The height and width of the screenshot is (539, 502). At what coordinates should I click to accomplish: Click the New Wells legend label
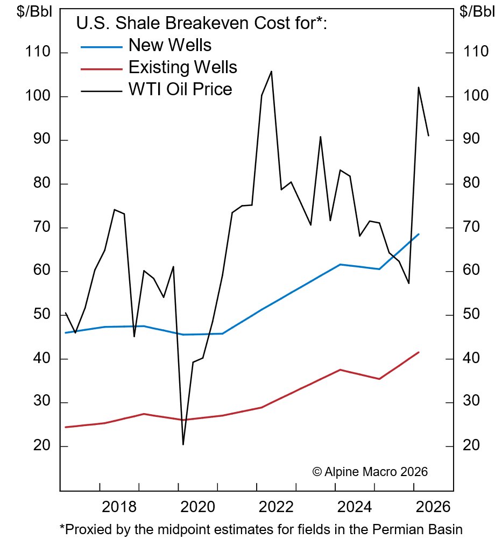pos(170,45)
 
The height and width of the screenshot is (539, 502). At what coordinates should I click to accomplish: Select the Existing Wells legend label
pos(183,67)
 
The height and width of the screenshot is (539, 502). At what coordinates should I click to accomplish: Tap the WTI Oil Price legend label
pos(180,89)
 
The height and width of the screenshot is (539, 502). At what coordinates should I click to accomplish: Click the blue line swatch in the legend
pos(101,47)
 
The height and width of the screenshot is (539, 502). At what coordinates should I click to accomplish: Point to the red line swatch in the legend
pos(101,69)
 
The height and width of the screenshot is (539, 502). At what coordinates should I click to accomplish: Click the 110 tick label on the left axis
pos(37,52)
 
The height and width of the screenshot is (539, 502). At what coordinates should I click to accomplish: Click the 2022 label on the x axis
pos(277,507)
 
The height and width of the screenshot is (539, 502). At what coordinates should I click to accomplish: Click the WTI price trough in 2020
pos(183,444)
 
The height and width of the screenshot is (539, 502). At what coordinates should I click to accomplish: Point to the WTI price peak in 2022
pos(271,71)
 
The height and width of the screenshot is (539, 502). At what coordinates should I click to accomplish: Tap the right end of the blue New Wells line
pos(419,234)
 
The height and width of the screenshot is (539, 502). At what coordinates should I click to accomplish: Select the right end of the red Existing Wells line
pos(419,352)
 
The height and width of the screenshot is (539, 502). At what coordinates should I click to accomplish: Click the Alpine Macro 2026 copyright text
pos(370,472)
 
